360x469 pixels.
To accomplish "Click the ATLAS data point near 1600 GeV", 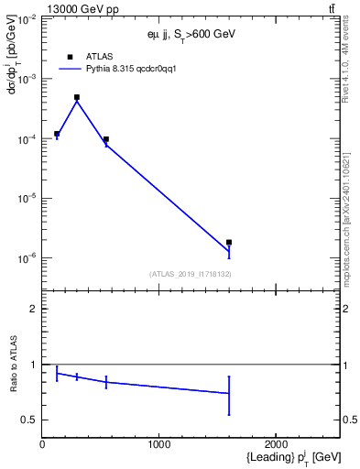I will [229, 242].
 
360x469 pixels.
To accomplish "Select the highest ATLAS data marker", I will [77, 97].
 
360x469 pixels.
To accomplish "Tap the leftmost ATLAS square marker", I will [57, 134].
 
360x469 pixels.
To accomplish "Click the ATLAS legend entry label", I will [99, 56].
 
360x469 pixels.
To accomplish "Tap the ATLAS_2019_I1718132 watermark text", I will [190, 273].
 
